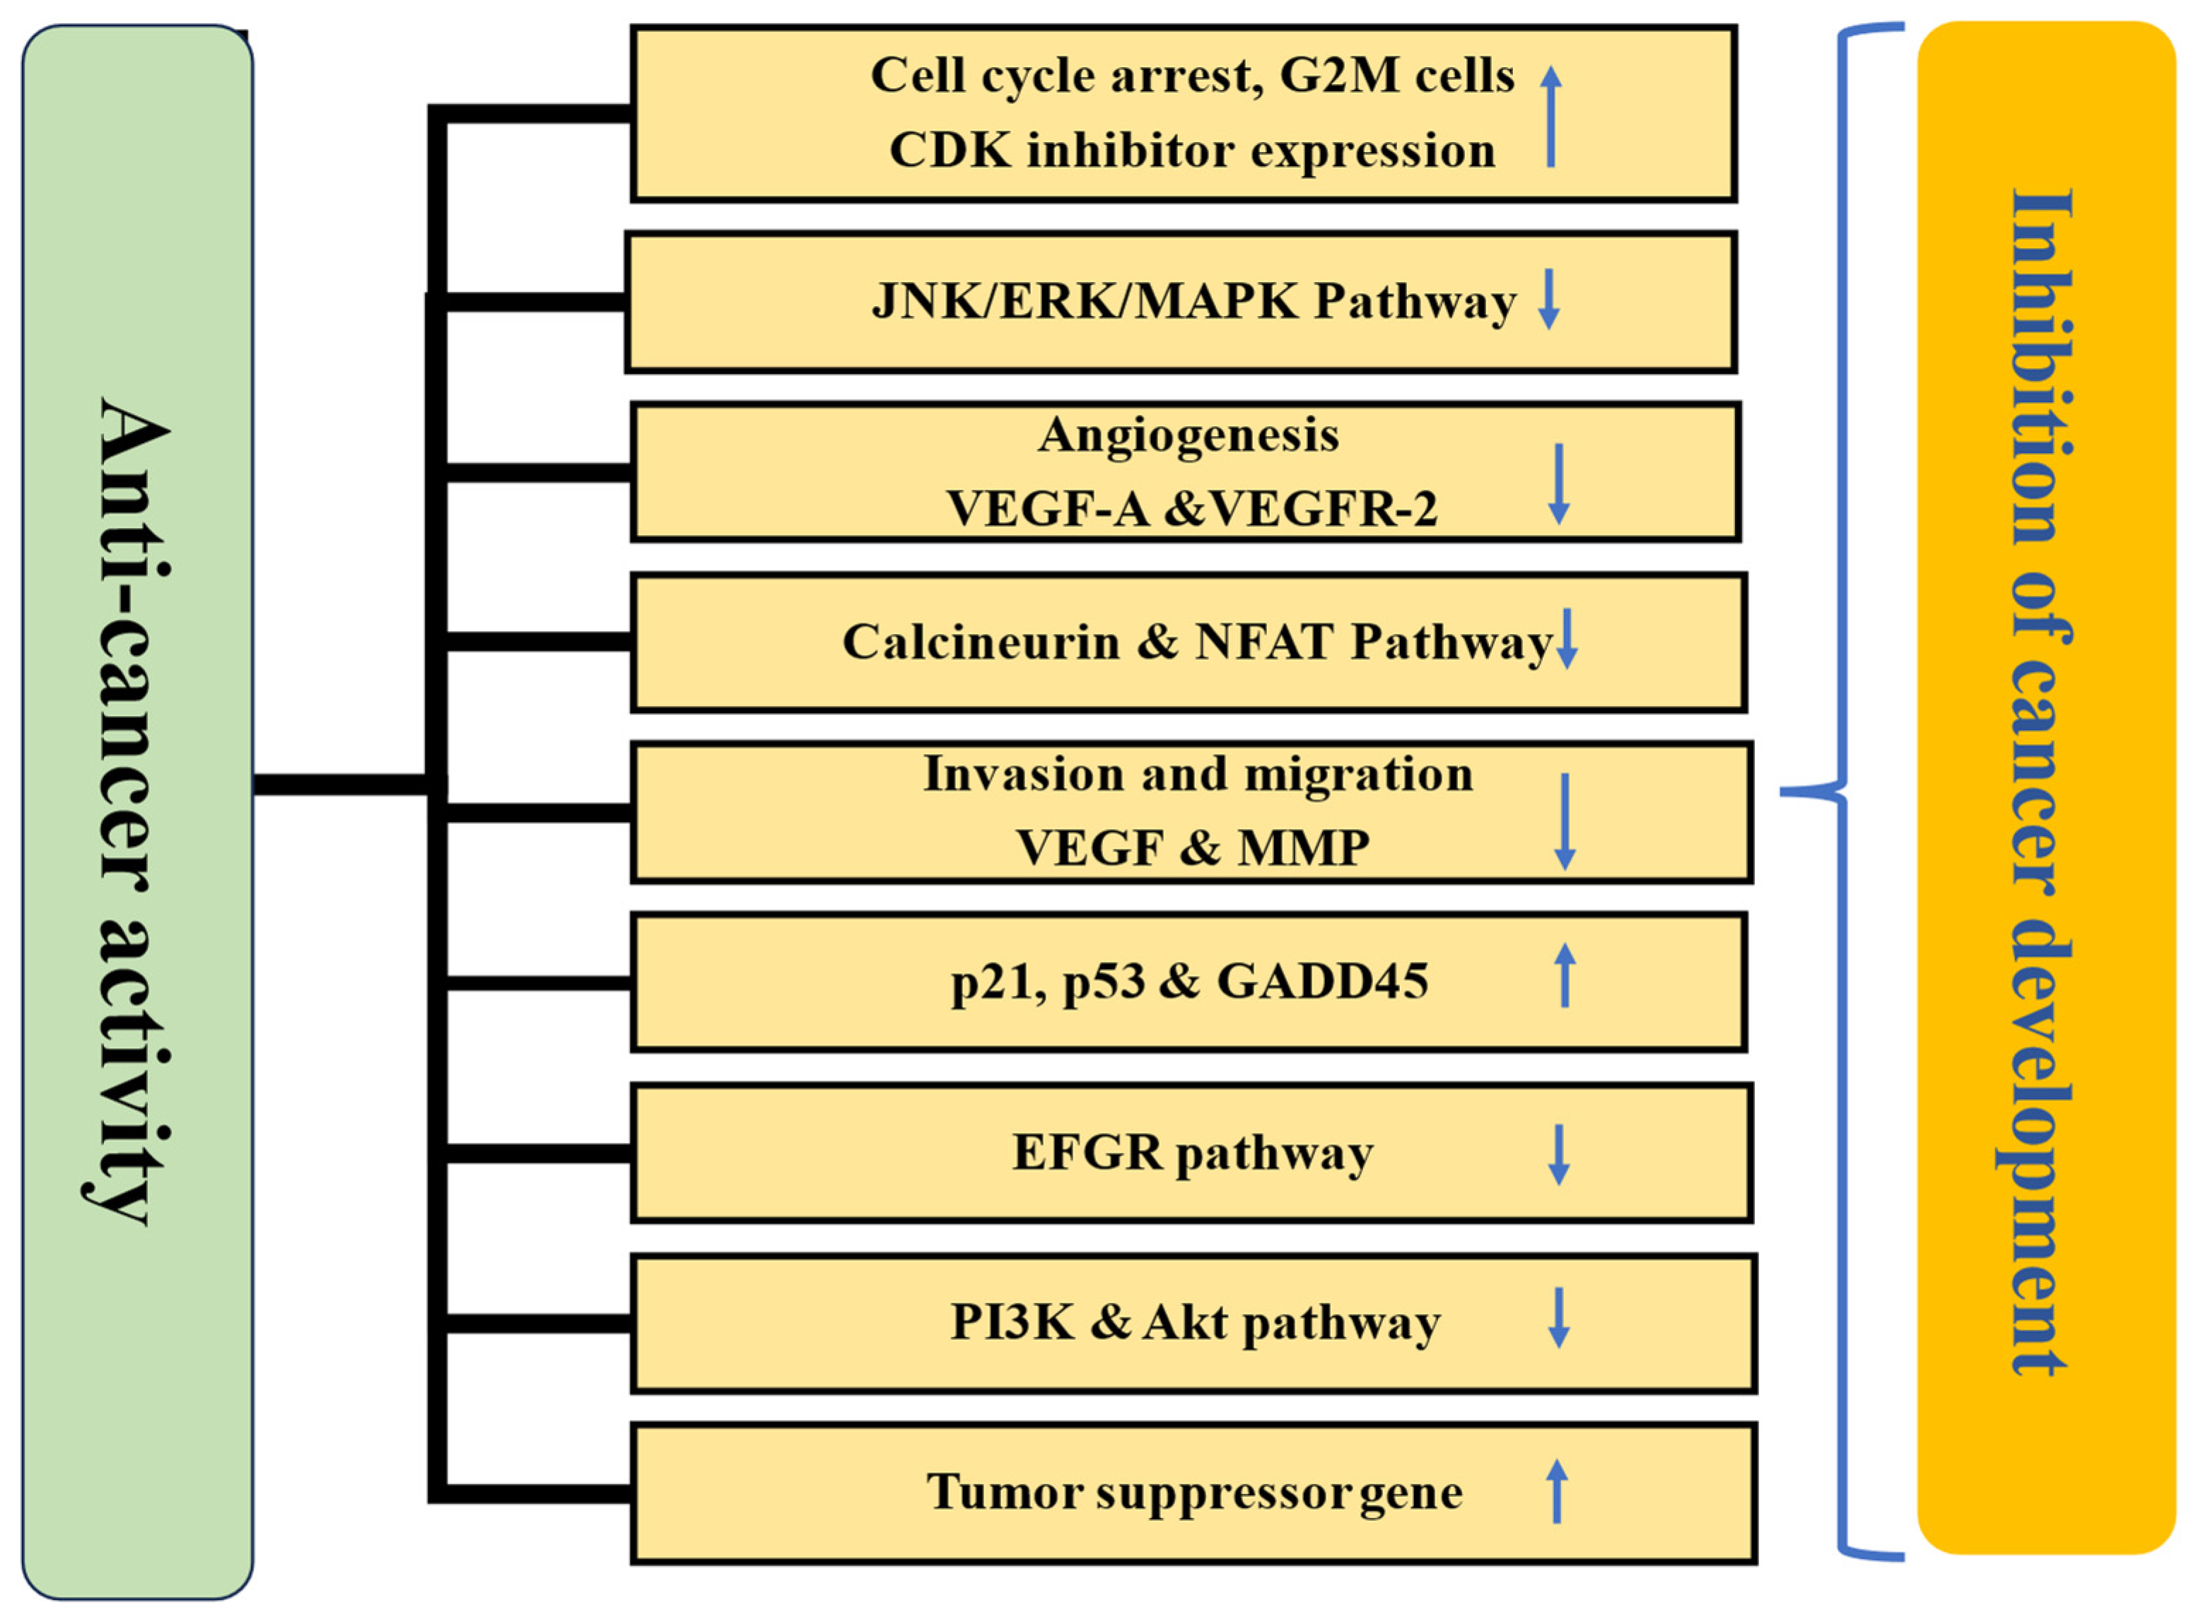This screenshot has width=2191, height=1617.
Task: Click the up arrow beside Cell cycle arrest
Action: (1550, 115)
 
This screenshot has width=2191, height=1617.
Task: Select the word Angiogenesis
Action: (1188, 435)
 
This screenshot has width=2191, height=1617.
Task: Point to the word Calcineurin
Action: (980, 643)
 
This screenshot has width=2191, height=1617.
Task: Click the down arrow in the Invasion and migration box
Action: (1565, 821)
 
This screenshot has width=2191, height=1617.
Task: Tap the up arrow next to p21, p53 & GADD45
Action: (1565, 975)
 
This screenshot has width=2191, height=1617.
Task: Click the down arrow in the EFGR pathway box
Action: (1558, 1155)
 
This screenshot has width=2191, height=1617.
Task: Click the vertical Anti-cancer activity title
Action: (127, 813)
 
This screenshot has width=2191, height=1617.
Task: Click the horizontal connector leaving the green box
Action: (338, 784)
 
